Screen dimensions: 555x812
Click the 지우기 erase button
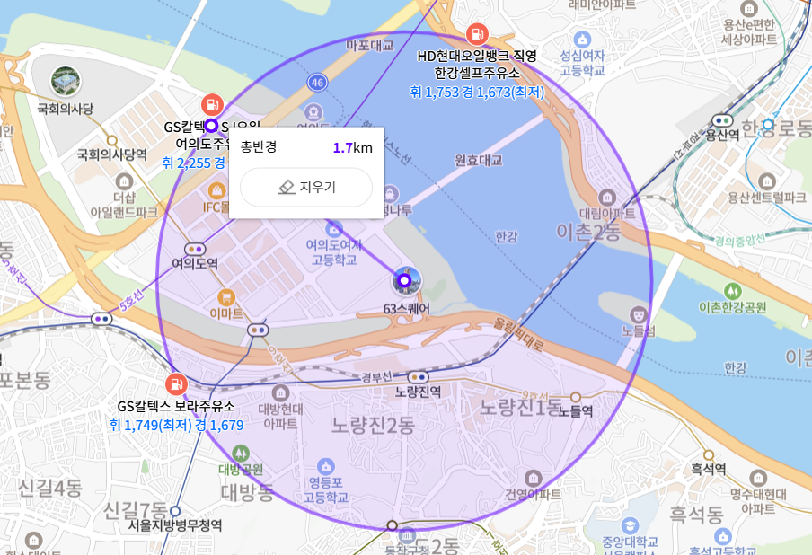click(x=306, y=187)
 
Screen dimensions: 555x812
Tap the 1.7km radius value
click(x=352, y=148)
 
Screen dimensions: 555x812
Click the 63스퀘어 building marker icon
click(x=404, y=281)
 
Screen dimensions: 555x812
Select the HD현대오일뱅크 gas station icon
click(x=477, y=35)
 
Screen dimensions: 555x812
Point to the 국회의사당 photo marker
click(x=65, y=81)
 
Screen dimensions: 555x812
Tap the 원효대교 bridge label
click(x=479, y=161)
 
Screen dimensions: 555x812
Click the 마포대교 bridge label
click(x=370, y=44)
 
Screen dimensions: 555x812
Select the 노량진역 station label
click(x=418, y=392)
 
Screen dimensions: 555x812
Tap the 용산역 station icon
click(x=722, y=119)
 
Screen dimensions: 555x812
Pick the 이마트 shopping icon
click(x=226, y=296)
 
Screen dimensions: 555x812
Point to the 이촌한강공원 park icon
click(x=733, y=291)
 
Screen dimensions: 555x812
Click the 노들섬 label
click(x=639, y=331)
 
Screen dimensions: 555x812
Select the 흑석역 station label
click(x=709, y=469)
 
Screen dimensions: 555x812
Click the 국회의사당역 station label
click(x=111, y=154)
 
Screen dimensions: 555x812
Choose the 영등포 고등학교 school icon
click(x=325, y=466)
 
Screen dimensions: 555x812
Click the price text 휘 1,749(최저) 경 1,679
click(x=176, y=425)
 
